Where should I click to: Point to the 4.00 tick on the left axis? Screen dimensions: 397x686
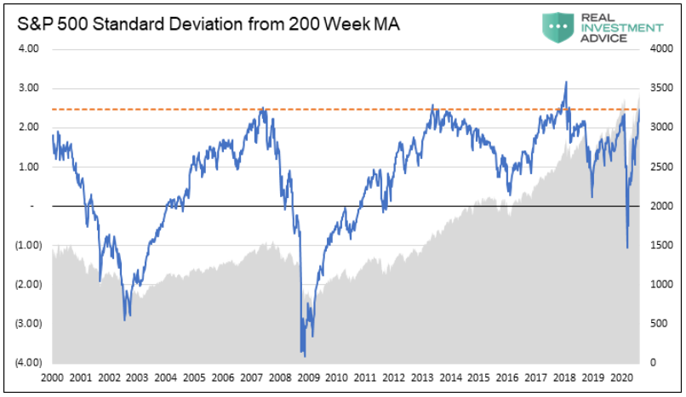(x=28, y=49)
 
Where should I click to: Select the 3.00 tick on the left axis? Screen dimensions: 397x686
(x=28, y=88)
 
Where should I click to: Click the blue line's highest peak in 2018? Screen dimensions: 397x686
(x=566, y=82)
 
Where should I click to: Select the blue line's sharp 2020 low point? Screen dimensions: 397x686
(x=627, y=248)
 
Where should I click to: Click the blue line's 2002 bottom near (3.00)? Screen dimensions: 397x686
(x=125, y=320)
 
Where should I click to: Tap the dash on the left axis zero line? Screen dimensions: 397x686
(x=31, y=207)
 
